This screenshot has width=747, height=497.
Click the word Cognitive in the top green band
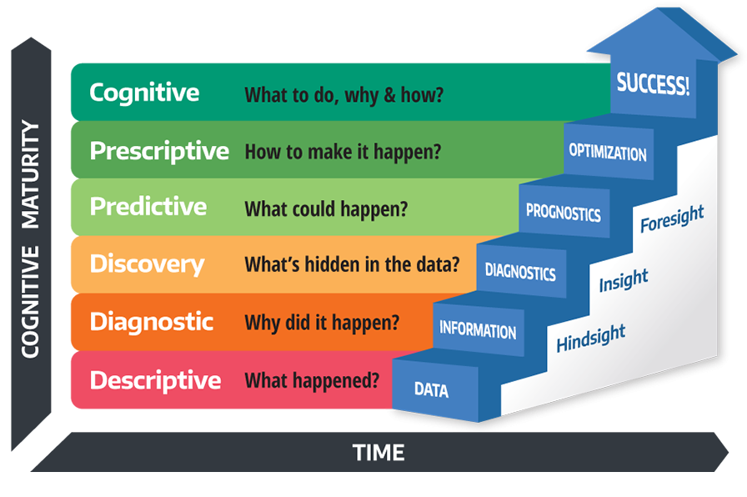coord(144,93)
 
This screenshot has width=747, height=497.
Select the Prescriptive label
coord(159,152)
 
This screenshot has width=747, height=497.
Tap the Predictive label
coord(148,207)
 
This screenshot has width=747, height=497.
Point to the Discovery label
coord(147,264)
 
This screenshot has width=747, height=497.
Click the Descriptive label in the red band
coord(155,380)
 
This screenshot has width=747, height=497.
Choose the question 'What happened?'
coord(312,381)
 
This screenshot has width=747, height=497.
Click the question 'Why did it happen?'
coord(322,323)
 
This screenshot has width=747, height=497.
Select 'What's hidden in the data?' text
coord(352,264)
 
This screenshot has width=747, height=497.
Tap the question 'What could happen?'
coord(326,208)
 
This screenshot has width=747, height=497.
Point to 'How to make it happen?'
coord(343,152)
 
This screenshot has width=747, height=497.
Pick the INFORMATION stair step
coord(478,329)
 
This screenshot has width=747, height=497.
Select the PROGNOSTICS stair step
coord(563,213)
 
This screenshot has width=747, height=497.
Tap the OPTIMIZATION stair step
coord(608,152)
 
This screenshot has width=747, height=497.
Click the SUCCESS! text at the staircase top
coord(653,84)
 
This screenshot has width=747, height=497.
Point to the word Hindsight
coord(591,338)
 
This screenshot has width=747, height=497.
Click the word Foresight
coord(672,218)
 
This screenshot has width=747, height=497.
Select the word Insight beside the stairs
coord(623,281)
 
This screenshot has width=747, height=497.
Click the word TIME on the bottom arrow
coord(379,453)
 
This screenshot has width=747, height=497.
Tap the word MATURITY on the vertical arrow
coord(31,175)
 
